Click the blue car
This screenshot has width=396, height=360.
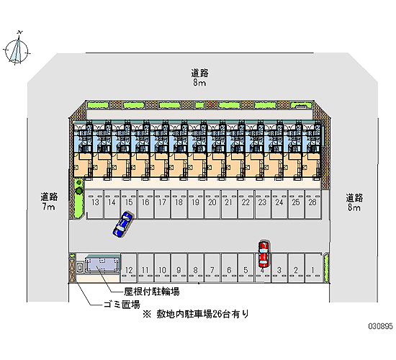[x=122, y=225]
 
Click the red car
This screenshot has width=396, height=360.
[x=264, y=254]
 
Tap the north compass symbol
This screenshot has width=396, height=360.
[x=17, y=50]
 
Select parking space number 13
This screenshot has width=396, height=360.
[x=95, y=204]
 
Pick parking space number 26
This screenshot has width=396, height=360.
[x=312, y=204]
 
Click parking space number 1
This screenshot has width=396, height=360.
[x=313, y=268]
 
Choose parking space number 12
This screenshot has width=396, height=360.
[x=129, y=268]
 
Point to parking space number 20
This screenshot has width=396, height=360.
[x=212, y=204]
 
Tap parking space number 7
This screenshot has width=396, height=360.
[x=212, y=268]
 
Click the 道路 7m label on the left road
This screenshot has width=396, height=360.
[x=49, y=202]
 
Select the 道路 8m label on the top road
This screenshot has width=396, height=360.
[x=199, y=78]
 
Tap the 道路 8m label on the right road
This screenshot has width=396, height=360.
[x=354, y=202]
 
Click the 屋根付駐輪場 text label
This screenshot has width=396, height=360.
[x=151, y=292]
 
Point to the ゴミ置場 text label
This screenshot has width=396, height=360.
[x=122, y=305]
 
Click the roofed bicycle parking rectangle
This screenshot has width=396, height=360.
[x=102, y=265]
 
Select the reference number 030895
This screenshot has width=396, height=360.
[x=380, y=326]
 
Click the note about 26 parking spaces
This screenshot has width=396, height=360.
[x=196, y=314]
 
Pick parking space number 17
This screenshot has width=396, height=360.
[x=162, y=204]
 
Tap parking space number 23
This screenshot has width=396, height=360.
[x=262, y=204]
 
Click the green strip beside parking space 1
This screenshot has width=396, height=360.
[x=326, y=268]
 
